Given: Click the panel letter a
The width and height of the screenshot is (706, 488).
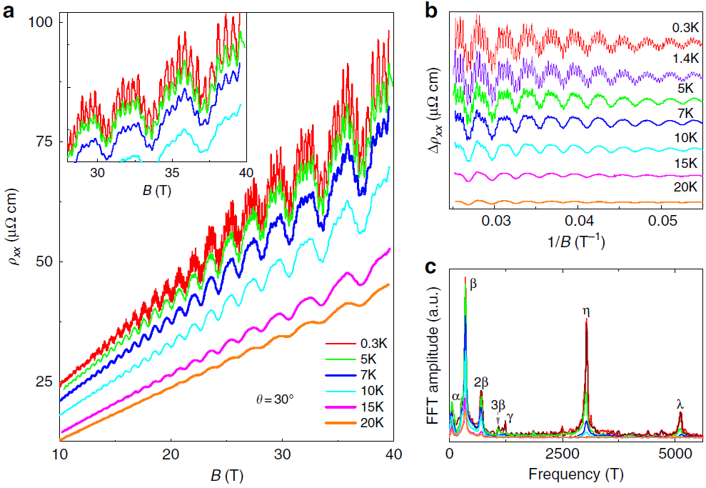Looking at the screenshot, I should [x=10, y=11].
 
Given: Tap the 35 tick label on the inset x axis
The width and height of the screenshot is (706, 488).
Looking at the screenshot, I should [x=171, y=174].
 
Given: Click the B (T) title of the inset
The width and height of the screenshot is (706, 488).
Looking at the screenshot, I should [x=157, y=191].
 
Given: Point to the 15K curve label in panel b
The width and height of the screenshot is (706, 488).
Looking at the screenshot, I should [x=685, y=164].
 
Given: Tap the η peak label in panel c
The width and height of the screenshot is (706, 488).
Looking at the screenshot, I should [x=586, y=311].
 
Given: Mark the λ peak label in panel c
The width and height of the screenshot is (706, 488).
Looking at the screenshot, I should [x=680, y=404].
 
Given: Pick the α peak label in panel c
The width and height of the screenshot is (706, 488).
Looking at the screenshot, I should [x=455, y=397].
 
